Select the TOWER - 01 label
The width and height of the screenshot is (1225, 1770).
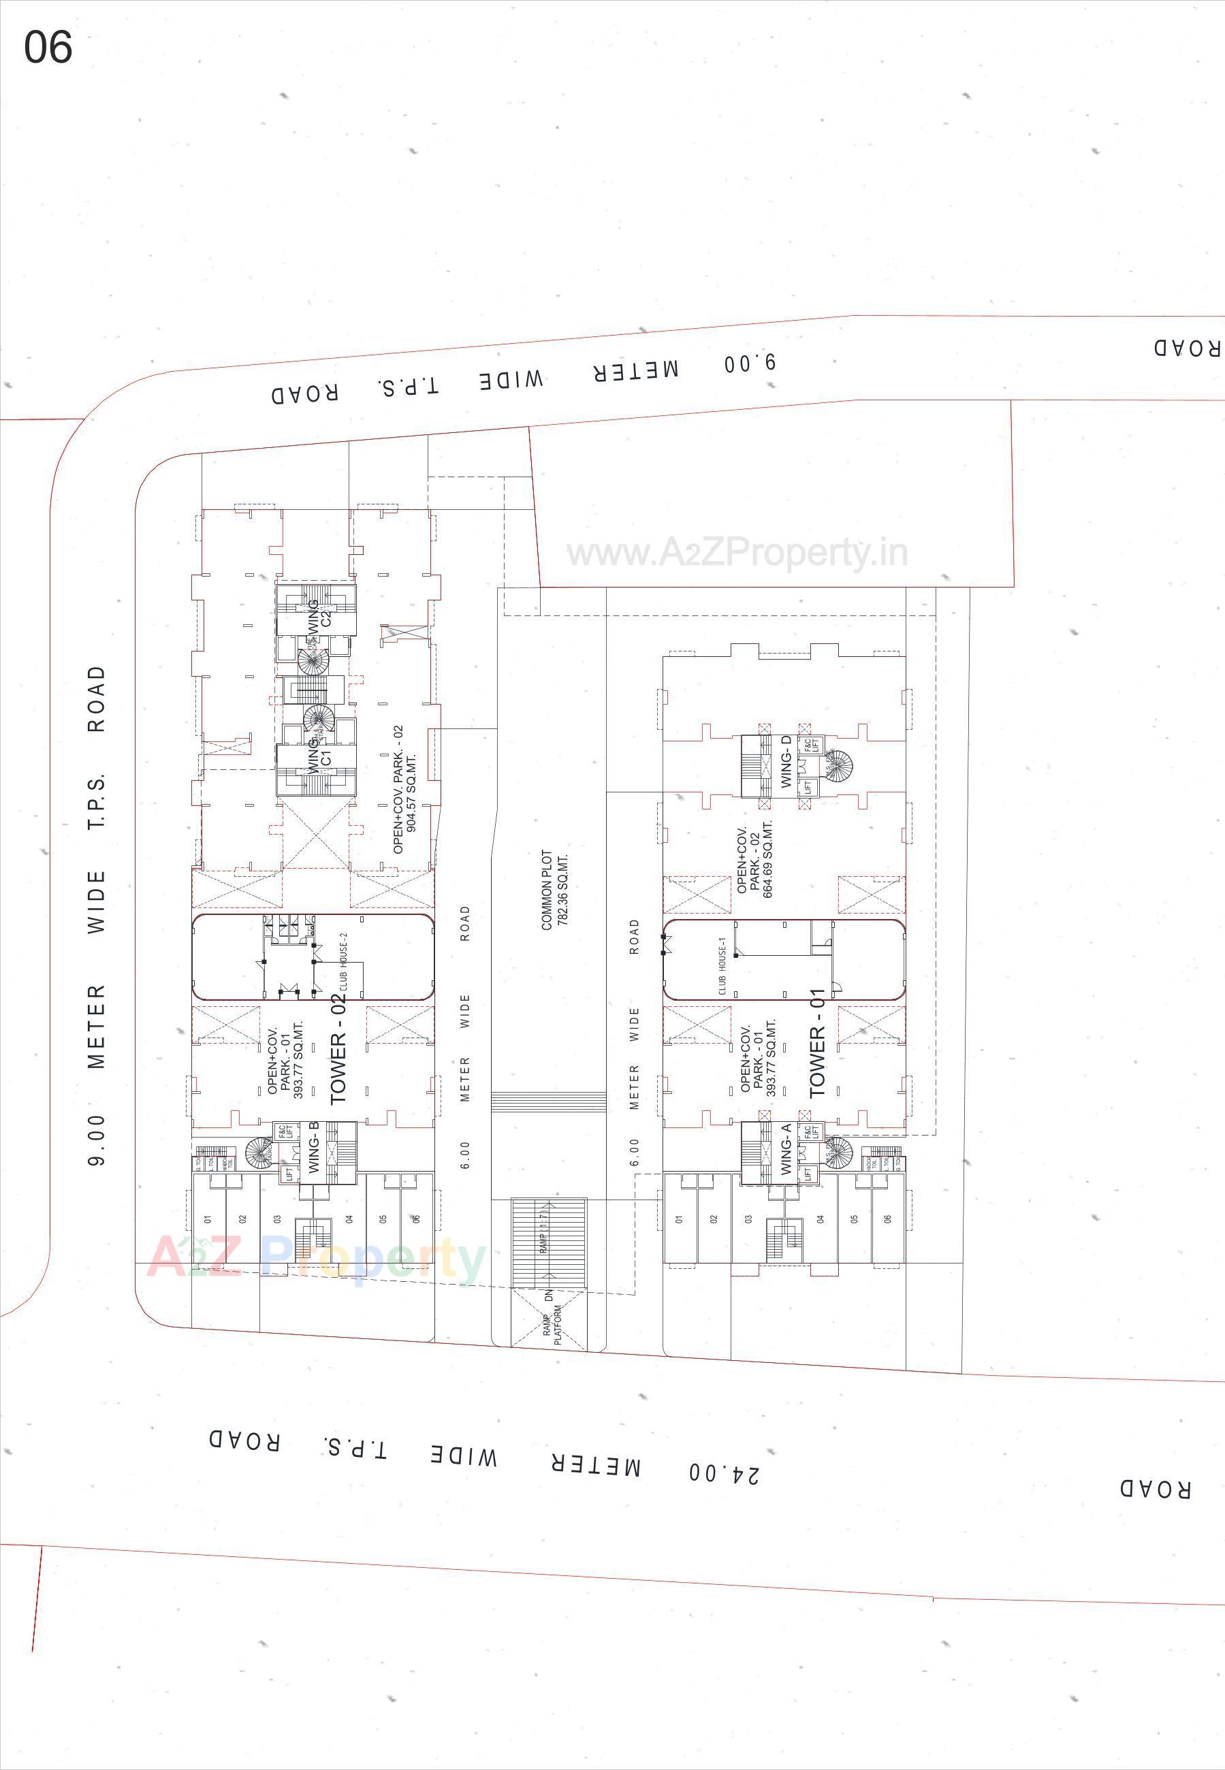[x=816, y=1044]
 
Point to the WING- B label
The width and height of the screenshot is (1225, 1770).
[x=313, y=1147]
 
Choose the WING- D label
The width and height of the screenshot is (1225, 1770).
[x=785, y=761]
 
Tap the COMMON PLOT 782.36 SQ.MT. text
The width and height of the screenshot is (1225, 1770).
[x=554, y=890]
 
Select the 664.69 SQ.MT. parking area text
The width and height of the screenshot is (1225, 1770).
[x=768, y=859]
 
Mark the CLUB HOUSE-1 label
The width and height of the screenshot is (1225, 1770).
[x=722, y=971]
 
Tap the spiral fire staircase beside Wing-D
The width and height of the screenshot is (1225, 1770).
[x=838, y=766]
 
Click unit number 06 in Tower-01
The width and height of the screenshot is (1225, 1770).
[x=888, y=1219]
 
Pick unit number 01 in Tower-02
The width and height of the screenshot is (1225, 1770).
[x=207, y=1219]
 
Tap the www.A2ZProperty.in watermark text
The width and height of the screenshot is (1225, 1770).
[x=737, y=552]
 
